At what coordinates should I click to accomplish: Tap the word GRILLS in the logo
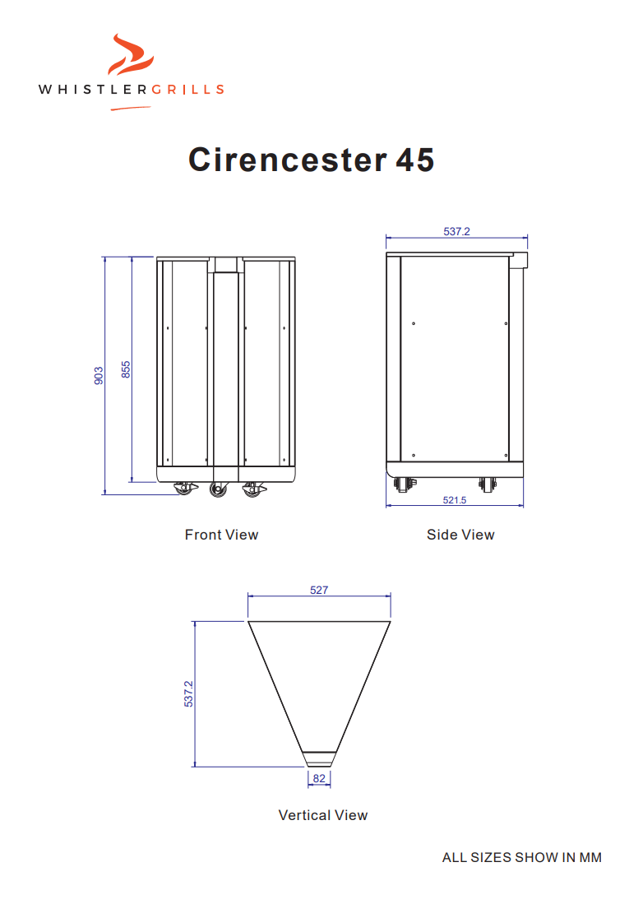point(187,90)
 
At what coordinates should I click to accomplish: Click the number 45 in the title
point(414,159)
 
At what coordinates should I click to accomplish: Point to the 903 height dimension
point(99,376)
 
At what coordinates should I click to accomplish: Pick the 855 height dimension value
point(126,369)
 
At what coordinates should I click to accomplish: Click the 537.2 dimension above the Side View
point(456,231)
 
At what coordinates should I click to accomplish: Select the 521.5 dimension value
point(455,500)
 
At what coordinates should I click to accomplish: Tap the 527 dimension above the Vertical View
point(319,590)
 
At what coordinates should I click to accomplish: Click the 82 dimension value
point(319,777)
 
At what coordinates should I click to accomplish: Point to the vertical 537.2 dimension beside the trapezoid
point(188,693)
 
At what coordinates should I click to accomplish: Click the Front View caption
point(221,535)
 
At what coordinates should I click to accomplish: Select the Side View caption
point(460,535)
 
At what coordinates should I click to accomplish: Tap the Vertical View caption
point(323,815)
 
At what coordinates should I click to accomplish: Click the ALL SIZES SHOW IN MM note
point(521,857)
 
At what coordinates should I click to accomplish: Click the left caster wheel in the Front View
point(183,489)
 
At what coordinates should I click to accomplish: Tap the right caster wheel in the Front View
point(252,489)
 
